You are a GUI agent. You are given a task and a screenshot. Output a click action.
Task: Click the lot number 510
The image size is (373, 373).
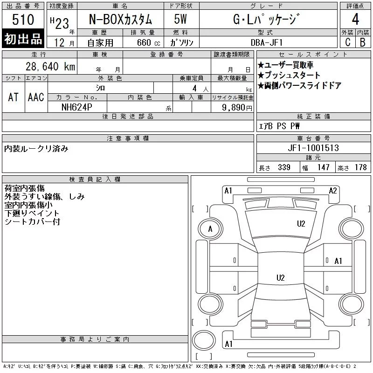(23, 20)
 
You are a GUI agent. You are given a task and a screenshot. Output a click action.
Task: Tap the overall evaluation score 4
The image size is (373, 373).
(355, 19)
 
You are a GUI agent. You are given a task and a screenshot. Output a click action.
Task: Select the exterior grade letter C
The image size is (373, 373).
(348, 42)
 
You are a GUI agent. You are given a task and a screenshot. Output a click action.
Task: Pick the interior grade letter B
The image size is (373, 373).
(363, 42)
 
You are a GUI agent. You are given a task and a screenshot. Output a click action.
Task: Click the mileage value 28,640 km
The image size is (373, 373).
(50, 67)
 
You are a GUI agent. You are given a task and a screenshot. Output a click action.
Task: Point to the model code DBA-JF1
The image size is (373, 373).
(267, 42)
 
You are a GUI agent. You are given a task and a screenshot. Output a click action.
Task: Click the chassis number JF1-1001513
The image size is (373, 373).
(313, 148)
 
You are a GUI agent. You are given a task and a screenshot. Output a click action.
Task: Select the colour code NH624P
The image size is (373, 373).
(76, 107)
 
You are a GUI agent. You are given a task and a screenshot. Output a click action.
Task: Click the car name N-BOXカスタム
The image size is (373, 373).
(120, 20)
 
